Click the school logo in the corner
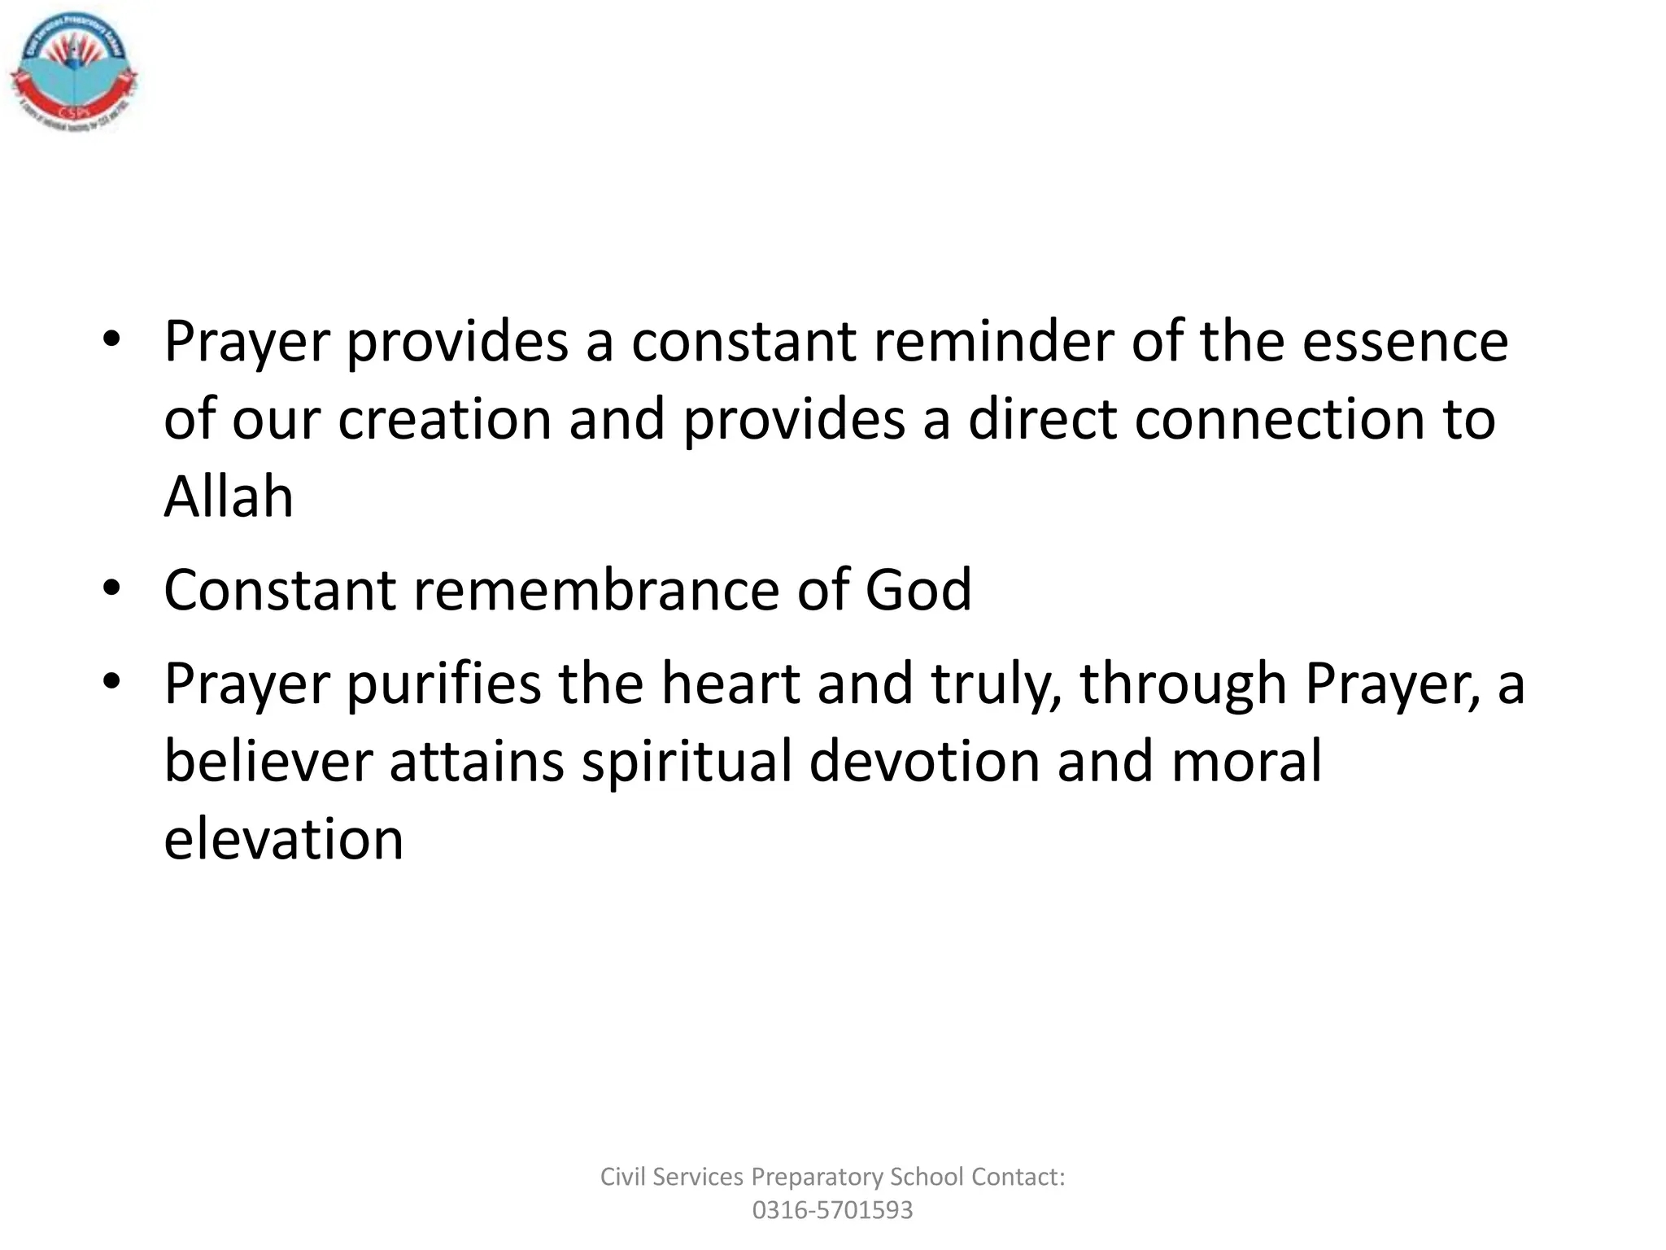point(74,73)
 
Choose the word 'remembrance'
point(595,589)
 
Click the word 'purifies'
point(443,684)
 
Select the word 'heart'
point(730,684)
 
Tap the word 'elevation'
point(284,839)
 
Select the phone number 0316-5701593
point(832,1210)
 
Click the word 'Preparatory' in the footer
point(817,1177)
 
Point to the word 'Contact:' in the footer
point(1018,1177)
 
